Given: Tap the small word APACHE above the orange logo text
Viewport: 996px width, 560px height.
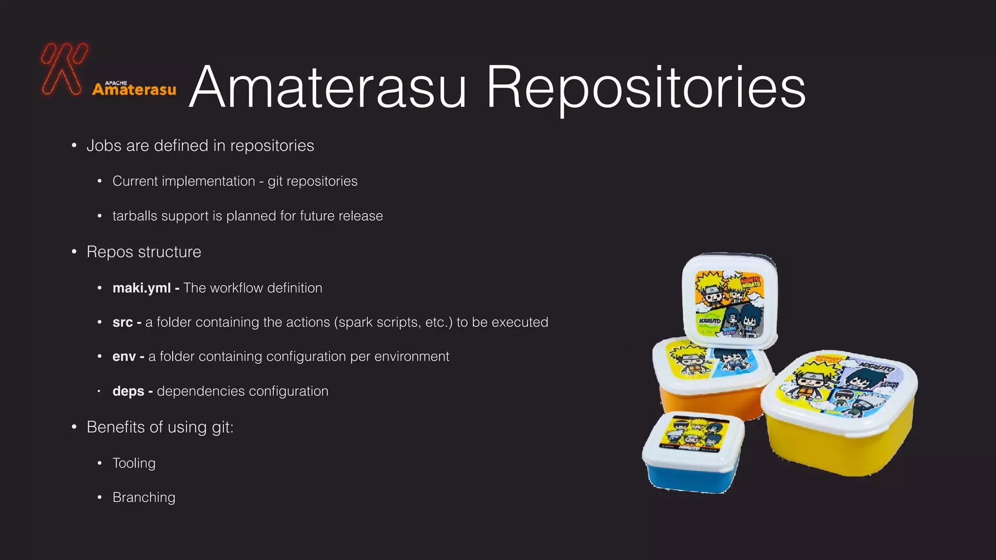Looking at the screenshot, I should (116, 83).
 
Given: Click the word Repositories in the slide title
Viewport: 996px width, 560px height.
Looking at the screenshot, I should (645, 88).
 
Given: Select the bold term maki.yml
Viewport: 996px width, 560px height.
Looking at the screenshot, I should (142, 288).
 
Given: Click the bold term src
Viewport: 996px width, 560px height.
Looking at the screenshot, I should (123, 322).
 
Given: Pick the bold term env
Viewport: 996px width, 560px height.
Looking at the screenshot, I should (124, 357).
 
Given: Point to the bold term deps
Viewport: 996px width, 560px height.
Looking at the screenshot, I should (128, 391).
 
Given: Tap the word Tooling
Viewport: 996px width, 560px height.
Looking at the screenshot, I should (134, 463).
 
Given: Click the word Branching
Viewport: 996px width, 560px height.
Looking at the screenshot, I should (144, 497).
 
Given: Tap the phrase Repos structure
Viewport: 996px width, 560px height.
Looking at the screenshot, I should (143, 252).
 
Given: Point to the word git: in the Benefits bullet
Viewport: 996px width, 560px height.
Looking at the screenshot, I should (222, 427).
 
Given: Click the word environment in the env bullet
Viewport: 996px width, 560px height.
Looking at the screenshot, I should (411, 357).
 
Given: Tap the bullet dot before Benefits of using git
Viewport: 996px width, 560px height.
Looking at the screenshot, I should (74, 427).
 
